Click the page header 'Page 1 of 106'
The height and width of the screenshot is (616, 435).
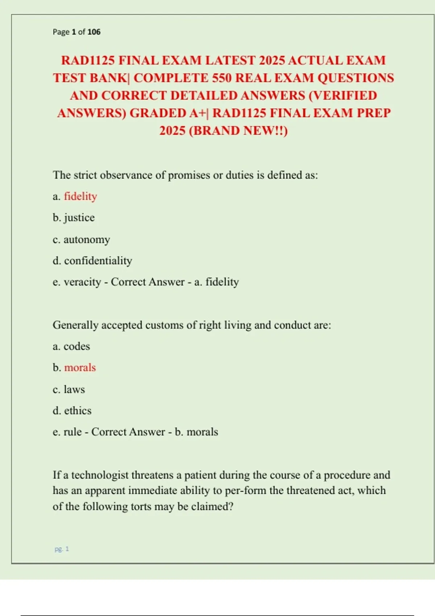pos(76,32)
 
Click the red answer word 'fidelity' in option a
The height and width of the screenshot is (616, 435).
pos(80,196)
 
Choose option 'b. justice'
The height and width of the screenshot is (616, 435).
pos(74,218)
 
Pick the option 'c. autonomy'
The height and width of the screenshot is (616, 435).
pos(81,240)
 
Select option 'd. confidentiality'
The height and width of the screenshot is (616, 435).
pos(92,261)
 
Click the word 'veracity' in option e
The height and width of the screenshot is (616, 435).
pos(82,282)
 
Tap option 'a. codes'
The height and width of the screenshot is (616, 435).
pos(71,346)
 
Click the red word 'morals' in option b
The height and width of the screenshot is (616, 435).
pos(80,368)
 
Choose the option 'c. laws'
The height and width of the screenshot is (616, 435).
pos(69,390)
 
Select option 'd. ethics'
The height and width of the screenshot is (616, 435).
pos(72,411)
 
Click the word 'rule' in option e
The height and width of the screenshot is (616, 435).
pos(72,432)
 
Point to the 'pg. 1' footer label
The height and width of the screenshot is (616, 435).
pos(62,549)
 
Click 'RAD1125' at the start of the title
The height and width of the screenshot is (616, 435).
pos(88,60)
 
